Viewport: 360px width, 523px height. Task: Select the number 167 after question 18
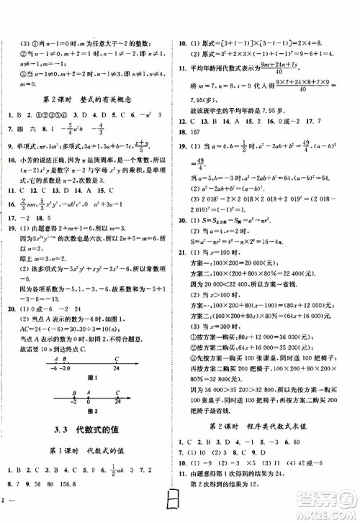pos(207,132)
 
